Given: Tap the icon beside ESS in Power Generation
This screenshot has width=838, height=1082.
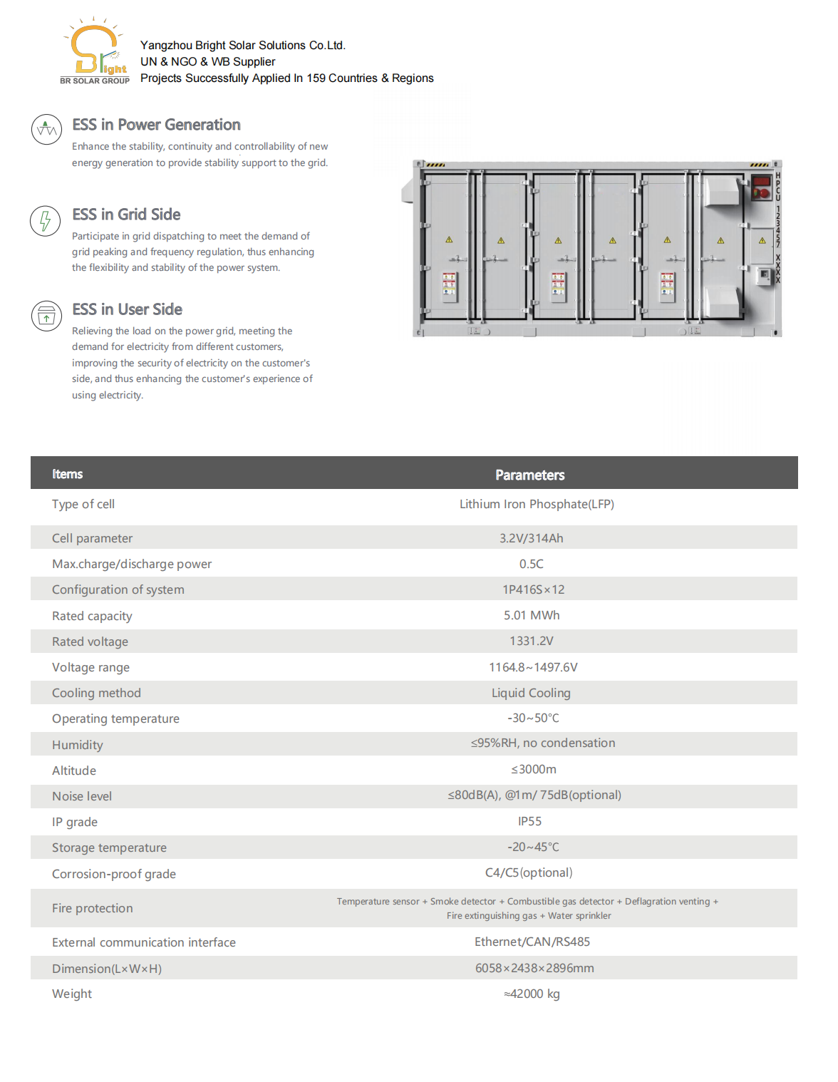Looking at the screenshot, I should coord(46,130).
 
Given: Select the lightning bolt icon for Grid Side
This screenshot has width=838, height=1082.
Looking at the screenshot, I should coord(46,221).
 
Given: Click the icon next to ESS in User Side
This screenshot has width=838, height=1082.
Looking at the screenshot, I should coord(46,315).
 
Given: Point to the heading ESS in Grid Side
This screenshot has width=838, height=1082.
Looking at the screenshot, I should coord(126,215).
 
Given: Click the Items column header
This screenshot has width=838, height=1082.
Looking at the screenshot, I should coord(67,474).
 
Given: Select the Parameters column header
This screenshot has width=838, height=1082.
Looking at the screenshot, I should coord(529,475).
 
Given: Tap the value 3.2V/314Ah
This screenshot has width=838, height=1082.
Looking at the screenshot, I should coord(531,538).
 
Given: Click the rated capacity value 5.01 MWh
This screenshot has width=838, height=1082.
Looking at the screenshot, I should coord(532,615).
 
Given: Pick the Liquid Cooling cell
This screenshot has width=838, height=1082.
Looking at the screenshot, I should coord(531,693).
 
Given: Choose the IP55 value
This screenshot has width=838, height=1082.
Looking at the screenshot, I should coord(529,821).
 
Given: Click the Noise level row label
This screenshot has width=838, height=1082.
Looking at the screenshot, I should coord(82,796).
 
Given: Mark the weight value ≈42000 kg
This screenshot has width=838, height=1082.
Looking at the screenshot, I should coord(532,994).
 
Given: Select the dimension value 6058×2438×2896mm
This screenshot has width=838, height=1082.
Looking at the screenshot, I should coord(534,968).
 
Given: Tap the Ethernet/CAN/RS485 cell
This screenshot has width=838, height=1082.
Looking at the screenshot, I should coord(532,942).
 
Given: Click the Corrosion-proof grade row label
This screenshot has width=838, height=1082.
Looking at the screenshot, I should coord(114,874).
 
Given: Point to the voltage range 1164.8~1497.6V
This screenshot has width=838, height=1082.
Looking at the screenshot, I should coord(533,667).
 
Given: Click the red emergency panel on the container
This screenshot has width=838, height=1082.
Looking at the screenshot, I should coord(761,187).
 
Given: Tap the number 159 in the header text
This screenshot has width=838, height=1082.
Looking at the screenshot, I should coord(316,78).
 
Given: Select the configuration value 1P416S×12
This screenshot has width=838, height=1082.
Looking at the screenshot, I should coord(533,589).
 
